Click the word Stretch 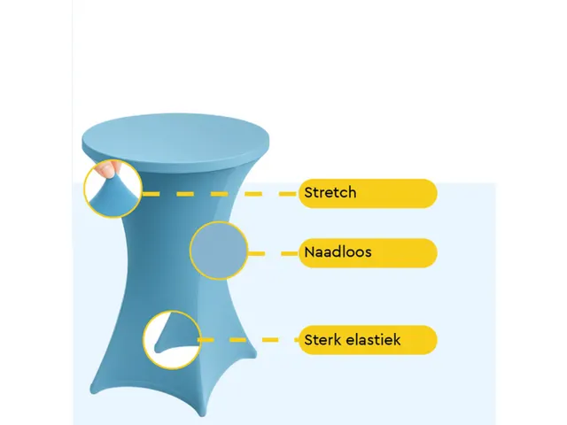[x=330, y=192]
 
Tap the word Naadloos [x=338, y=251]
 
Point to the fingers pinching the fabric [x=108, y=169]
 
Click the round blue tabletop [x=175, y=142]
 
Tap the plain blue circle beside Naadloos [x=219, y=251]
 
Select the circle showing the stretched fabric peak [x=113, y=189]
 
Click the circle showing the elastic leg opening [x=172, y=340]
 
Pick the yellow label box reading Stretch [x=369, y=193]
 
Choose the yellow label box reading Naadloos [x=369, y=253]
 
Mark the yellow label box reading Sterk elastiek [x=369, y=340]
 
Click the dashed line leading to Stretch [x=220, y=194]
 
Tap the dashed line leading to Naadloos [x=274, y=254]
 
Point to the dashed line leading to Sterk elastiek [x=249, y=340]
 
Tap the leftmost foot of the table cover [x=94, y=390]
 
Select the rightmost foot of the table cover [x=253, y=356]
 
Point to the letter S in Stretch [x=308, y=192]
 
